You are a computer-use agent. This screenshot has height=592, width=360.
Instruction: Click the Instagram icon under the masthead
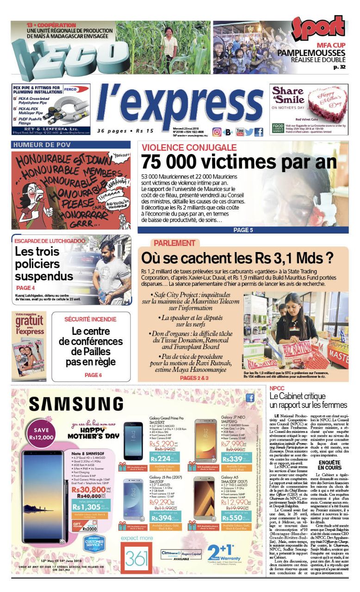[x=217, y=132]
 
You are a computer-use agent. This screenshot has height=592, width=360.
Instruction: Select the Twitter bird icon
[x=249, y=132]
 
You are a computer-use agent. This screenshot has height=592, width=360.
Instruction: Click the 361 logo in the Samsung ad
[x=136, y=557]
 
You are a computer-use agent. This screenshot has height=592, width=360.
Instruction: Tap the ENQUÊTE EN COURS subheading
[x=329, y=465]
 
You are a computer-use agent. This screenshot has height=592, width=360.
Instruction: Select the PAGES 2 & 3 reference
[x=194, y=378]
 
